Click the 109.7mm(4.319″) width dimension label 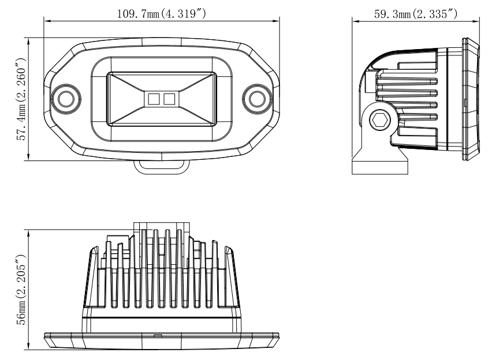point(162,14)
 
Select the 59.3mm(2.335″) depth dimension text point(416,14)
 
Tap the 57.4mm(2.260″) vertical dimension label point(21,99)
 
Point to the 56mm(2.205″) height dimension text point(21,290)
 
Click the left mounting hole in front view point(66,99)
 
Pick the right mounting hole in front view point(257,99)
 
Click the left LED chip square point(154,99)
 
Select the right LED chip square point(169,99)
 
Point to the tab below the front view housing point(162,167)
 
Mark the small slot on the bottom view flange point(158,336)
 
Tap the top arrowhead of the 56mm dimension point(28,233)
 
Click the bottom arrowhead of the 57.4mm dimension point(28,157)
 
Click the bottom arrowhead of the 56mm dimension point(28,346)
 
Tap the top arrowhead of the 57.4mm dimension point(28,42)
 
